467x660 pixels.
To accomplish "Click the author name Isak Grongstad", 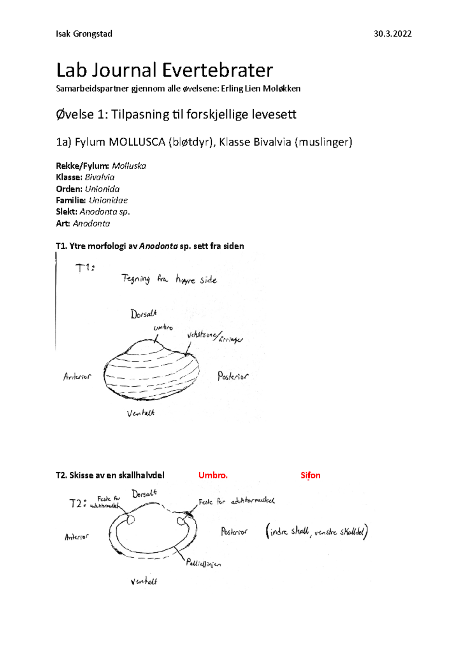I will [84, 34].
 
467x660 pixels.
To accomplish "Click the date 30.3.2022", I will [392, 34].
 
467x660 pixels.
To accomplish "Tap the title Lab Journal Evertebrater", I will [165, 70].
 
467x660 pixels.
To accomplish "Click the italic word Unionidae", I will [108, 200].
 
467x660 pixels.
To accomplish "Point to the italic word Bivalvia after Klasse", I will [100, 177].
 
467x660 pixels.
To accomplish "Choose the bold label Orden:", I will [69, 189].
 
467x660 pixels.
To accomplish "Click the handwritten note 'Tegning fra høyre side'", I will [169, 279].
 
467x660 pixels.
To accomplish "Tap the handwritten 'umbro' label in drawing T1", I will [163, 327].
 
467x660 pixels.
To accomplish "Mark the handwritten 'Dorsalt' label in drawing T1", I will [144, 314].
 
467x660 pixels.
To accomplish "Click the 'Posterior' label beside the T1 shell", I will [233, 376].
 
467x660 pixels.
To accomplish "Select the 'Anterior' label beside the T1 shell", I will [77, 376].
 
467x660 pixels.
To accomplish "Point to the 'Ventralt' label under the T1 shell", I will [140, 413].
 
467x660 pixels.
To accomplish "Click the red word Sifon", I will [310, 475].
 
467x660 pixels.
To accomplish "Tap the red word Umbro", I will [213, 475].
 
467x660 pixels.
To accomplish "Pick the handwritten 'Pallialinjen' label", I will [203, 563].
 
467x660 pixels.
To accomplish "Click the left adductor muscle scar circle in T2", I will [131, 519].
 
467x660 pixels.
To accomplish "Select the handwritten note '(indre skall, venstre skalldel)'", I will [316, 532].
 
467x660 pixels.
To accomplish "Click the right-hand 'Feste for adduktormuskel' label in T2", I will [236, 501].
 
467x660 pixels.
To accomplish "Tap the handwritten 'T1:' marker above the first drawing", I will [85, 268].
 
